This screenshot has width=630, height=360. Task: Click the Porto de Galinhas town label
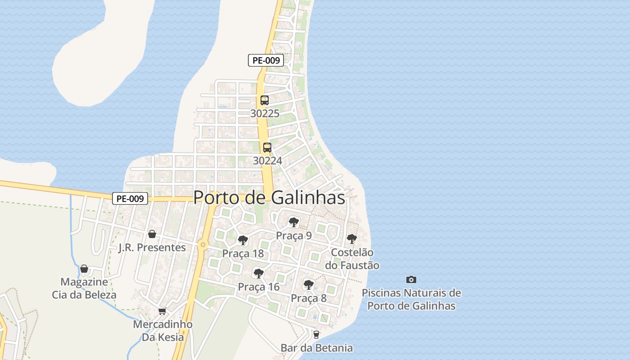[x=269, y=198]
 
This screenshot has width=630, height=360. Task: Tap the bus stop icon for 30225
[x=265, y=100]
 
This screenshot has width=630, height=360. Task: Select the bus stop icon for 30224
[x=267, y=147]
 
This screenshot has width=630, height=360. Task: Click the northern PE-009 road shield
[x=266, y=60]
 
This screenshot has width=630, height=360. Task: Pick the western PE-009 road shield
[x=130, y=198]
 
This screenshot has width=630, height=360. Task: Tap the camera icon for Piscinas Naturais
[x=411, y=279]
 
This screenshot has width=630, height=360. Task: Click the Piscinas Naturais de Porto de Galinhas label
[x=411, y=299]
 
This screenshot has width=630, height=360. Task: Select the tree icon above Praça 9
[x=294, y=222]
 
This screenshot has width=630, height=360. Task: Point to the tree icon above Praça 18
[x=243, y=240]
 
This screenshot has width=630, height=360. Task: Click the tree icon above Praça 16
[x=259, y=273]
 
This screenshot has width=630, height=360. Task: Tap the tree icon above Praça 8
[x=309, y=284]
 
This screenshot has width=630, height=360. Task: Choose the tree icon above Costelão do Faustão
[x=352, y=239]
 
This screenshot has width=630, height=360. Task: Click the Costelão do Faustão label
[x=352, y=259]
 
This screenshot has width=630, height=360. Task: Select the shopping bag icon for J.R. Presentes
[x=152, y=234]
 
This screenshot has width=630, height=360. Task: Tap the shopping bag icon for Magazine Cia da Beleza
[x=84, y=269]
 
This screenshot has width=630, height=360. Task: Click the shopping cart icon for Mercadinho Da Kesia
[x=162, y=311]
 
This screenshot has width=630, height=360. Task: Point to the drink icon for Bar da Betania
[x=316, y=334]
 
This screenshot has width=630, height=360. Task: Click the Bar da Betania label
[x=316, y=348]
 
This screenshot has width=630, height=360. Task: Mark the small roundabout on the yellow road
[x=203, y=245]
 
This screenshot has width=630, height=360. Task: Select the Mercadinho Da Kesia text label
[x=163, y=331]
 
